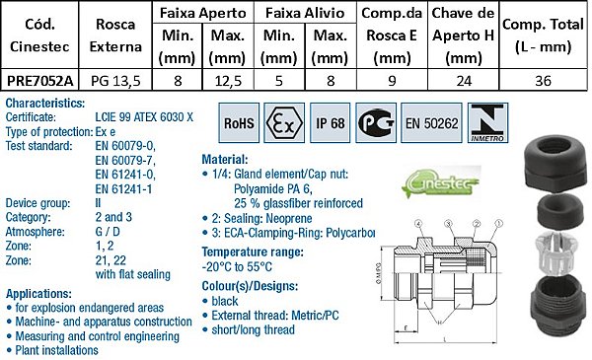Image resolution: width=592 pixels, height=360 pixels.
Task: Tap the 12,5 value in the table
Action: click(x=229, y=81)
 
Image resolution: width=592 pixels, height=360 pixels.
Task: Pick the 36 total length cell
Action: click(x=543, y=81)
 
